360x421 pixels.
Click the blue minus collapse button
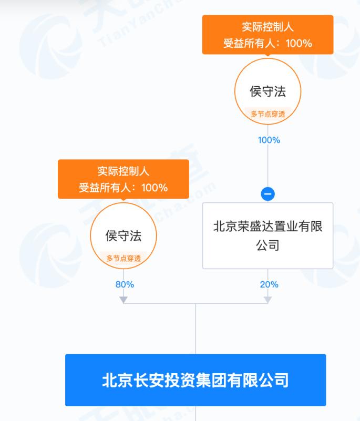268,194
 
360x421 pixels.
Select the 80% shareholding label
125,284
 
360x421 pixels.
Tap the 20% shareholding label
269,284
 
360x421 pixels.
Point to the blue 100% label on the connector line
269,140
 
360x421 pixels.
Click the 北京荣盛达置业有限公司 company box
268,236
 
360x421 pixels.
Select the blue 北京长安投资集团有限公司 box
196,380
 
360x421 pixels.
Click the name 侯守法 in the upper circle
268,91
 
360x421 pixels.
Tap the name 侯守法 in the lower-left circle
123,236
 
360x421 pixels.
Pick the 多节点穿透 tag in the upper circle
268,114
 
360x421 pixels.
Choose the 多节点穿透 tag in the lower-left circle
123,259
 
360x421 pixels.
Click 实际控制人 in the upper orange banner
268,27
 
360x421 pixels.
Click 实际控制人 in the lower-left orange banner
123,171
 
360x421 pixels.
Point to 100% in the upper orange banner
299,43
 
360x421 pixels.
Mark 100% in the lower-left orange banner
155,188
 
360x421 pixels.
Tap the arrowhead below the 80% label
123,300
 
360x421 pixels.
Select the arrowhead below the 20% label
268,300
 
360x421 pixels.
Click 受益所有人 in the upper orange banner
249,43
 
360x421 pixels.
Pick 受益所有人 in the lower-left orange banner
105,188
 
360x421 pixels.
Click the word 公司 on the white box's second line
268,245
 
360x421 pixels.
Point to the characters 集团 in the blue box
211,380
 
